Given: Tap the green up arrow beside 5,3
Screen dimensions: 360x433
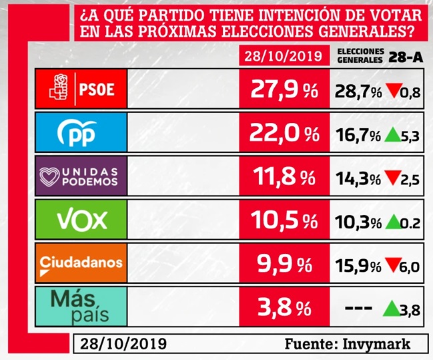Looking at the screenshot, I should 392,136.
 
